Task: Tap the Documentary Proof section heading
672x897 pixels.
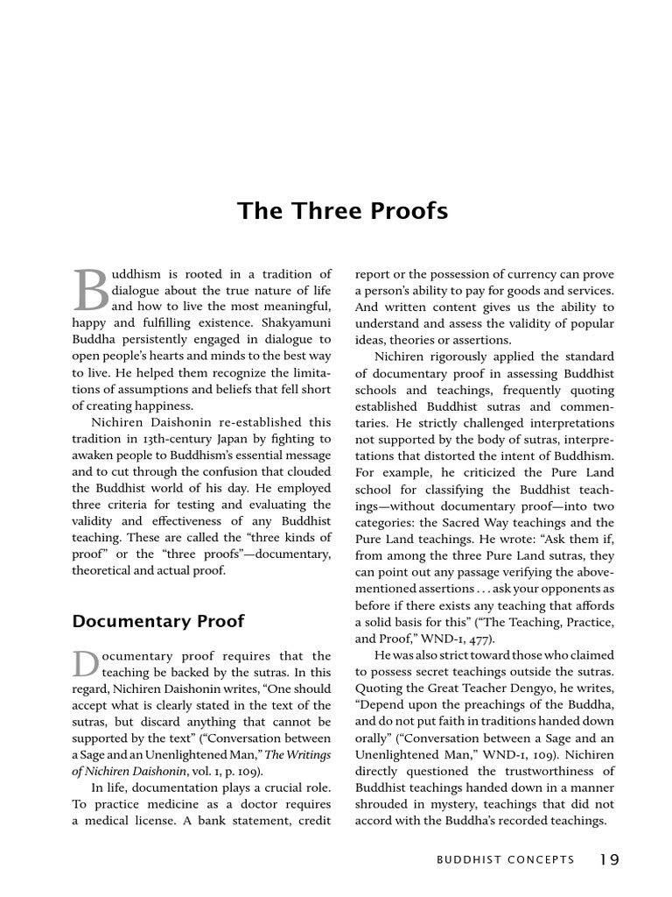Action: coord(158,621)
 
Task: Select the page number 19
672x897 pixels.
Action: coord(610,859)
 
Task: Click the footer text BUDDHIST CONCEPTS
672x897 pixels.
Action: coord(507,860)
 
